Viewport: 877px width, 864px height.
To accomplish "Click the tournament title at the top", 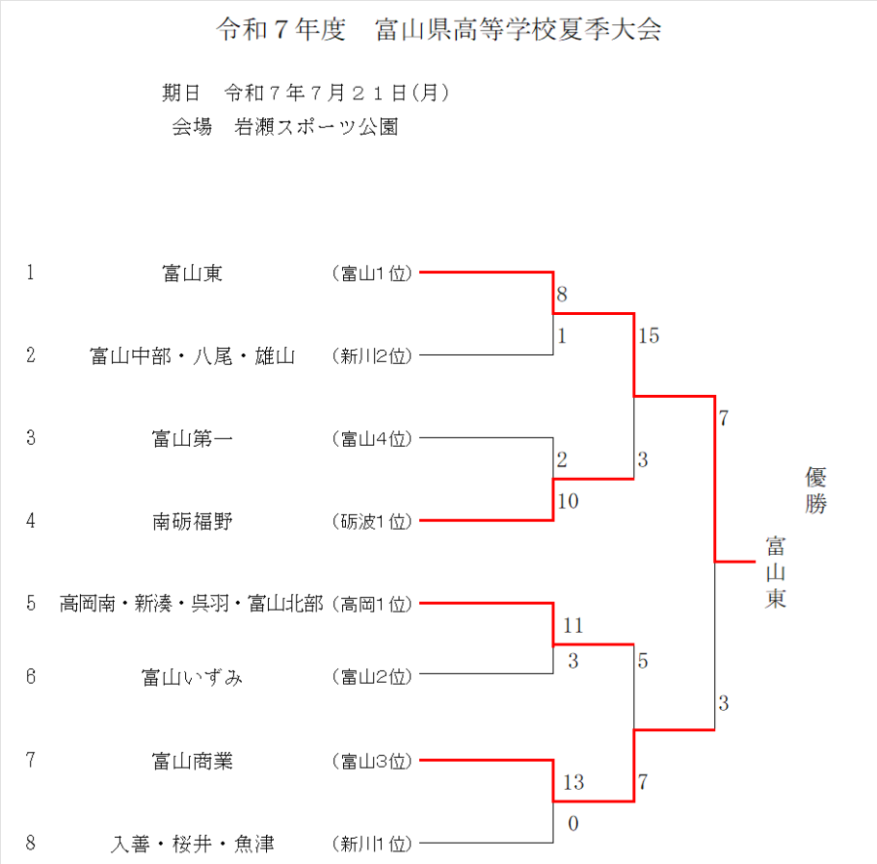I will click(x=438, y=30).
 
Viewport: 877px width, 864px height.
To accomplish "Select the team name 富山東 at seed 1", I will click(x=192, y=273).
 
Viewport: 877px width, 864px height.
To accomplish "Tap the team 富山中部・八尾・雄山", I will click(x=192, y=356).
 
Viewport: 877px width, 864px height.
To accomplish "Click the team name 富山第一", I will click(x=192, y=439).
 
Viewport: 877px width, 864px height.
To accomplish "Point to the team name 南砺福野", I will click(x=192, y=521).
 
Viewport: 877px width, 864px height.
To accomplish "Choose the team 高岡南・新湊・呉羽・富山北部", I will click(x=191, y=604).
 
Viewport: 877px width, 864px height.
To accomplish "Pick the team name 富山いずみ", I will click(x=192, y=677).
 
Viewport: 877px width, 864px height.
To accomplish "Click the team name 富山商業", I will click(x=192, y=760).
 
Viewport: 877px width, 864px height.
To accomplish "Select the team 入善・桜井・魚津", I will click(x=192, y=843).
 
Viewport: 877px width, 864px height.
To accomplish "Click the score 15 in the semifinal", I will click(x=649, y=336).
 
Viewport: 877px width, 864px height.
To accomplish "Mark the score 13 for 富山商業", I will click(x=573, y=782).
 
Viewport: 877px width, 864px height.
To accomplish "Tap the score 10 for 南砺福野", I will click(x=568, y=501).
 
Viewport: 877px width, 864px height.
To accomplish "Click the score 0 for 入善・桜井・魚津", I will click(x=573, y=824).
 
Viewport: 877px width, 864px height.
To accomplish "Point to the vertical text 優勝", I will click(x=816, y=491).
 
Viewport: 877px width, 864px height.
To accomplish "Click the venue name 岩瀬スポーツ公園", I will click(x=316, y=128).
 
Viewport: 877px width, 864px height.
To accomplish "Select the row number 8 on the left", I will click(x=31, y=843).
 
